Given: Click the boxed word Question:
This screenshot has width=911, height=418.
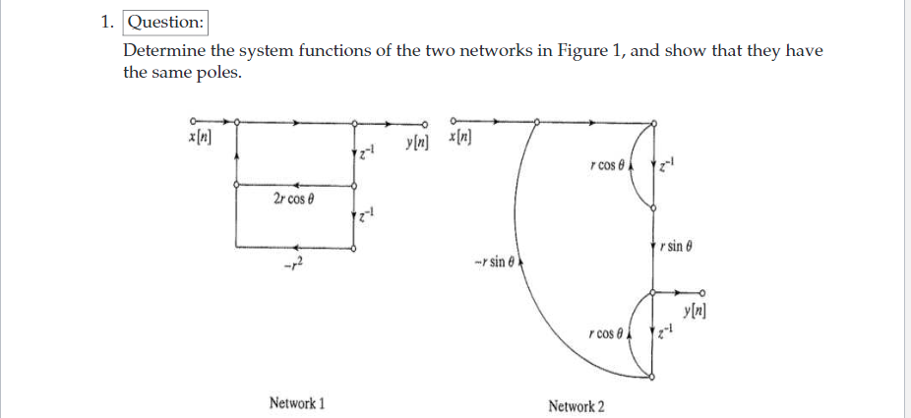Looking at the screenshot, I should (x=165, y=22).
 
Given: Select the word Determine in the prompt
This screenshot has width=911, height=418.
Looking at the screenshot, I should (x=160, y=51).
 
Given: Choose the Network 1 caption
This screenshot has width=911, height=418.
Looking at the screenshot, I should (x=297, y=403).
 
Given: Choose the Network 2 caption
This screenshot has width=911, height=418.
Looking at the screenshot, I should (x=577, y=405).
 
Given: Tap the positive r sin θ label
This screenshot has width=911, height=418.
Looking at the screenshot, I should (x=683, y=245).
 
